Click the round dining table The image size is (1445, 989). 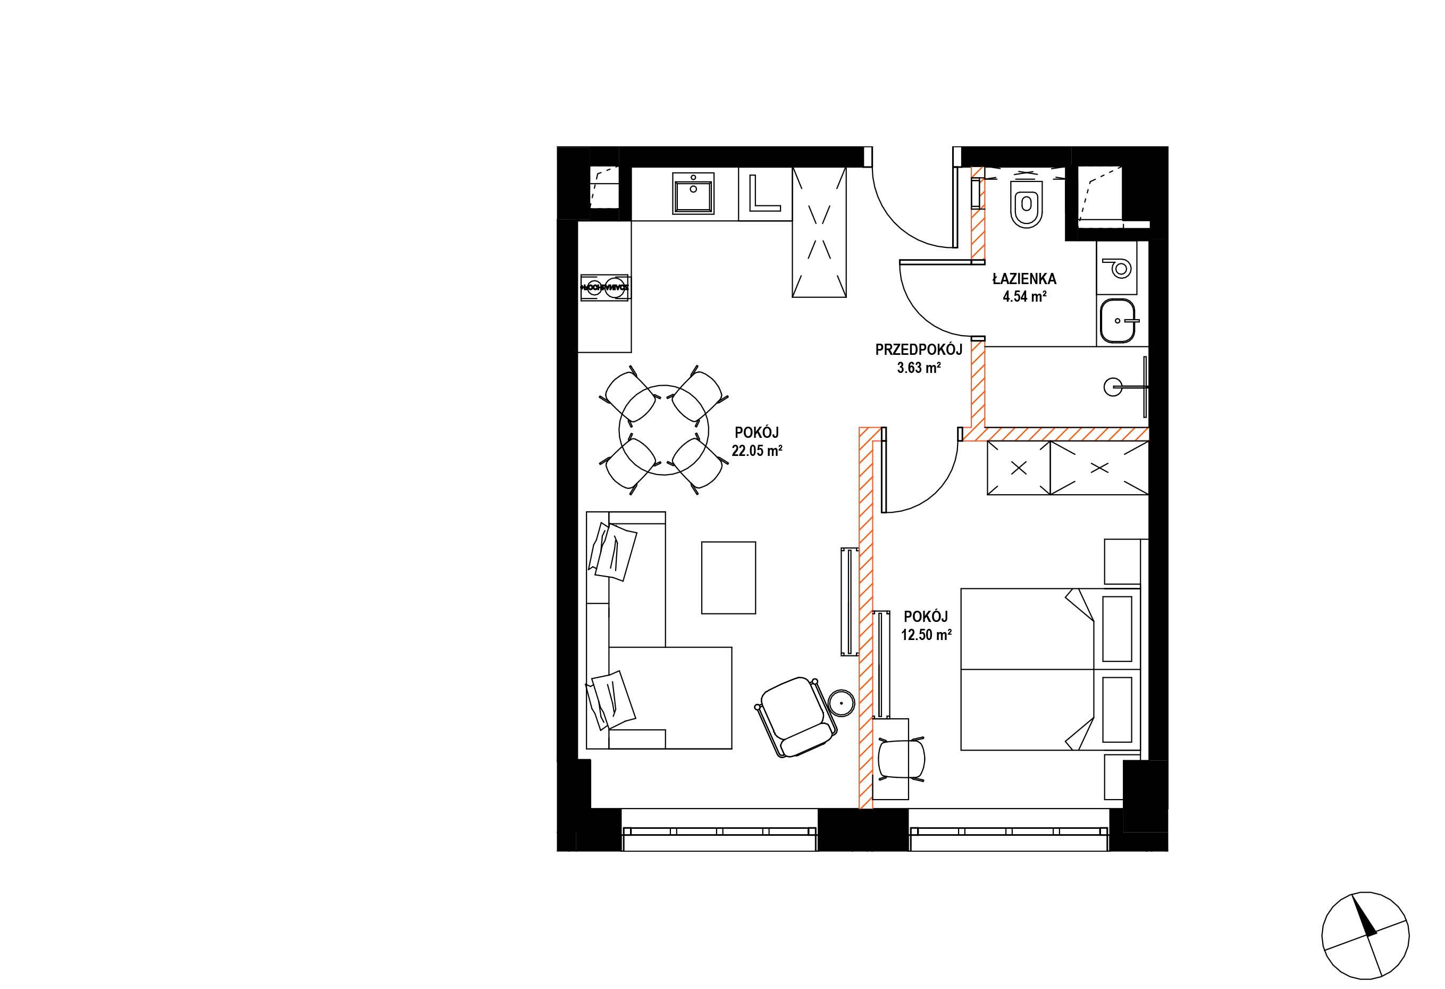664,430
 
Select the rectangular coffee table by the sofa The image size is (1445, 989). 729,577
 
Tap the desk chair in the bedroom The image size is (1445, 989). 901,759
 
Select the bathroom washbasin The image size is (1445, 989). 1118,321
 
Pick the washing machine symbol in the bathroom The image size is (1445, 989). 1118,268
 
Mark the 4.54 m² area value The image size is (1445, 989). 1024,296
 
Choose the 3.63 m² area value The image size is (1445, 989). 918,368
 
